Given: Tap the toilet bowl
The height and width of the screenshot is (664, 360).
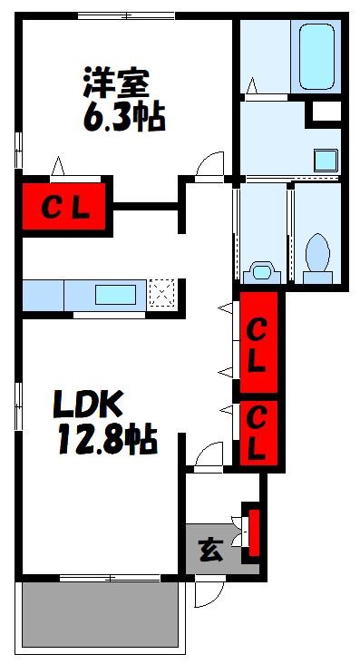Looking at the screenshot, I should pos(317,254).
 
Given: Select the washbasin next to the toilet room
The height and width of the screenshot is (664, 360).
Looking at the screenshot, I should pos(262,270).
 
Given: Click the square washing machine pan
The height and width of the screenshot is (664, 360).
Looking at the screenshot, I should pos(326,160).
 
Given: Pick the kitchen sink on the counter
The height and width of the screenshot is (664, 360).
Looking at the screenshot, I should pos(116,295).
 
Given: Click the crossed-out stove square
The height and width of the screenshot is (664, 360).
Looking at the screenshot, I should pos(163,294).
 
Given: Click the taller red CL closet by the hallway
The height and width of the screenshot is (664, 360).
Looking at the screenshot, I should pos(258,345).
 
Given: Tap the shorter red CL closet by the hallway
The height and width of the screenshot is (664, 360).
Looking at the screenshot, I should pos(258,433).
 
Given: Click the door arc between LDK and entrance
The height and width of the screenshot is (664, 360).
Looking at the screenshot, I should pos(209,454).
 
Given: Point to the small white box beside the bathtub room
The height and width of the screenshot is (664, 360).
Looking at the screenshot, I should pos(326,112).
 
